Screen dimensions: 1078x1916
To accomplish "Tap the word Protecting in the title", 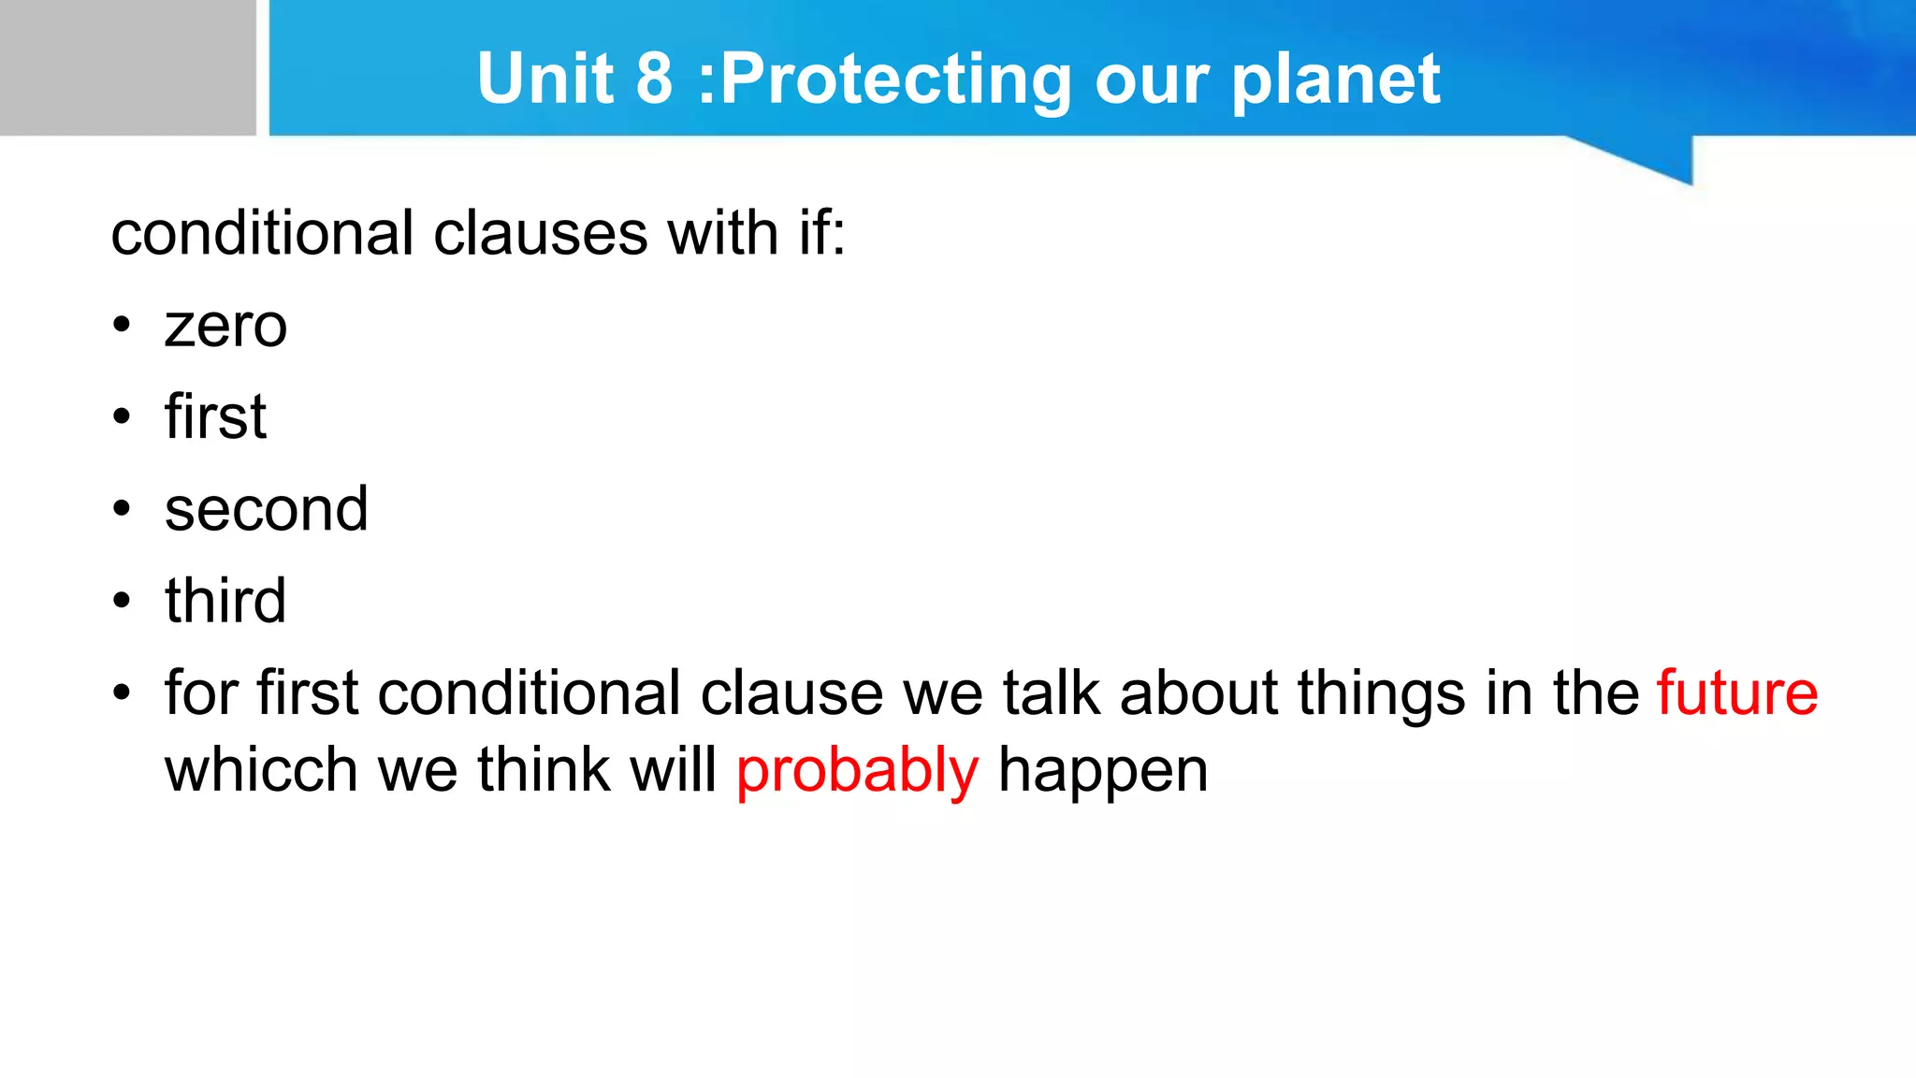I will [x=895, y=80].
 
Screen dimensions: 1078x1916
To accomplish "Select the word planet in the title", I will [x=1335, y=80].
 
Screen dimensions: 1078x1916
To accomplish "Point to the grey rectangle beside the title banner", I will [x=127, y=67].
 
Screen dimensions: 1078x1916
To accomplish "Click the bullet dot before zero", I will [x=122, y=327].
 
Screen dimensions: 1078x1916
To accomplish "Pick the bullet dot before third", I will [x=122, y=601].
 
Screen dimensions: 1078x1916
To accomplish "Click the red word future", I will [x=1737, y=693].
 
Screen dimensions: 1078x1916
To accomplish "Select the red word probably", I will [x=857, y=772].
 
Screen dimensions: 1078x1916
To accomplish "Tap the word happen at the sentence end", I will [x=1103, y=772].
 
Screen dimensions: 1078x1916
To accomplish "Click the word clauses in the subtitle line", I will [x=540, y=233].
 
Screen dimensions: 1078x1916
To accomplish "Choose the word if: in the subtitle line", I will [x=821, y=233].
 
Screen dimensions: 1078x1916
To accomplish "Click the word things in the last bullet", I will [x=1381, y=695].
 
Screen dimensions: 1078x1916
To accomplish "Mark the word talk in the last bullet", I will [x=1052, y=693].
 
